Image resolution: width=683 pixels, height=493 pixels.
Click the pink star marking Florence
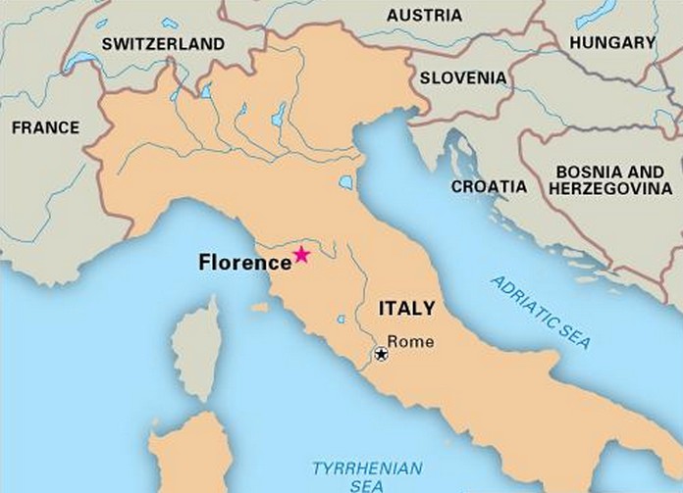coord(301,255)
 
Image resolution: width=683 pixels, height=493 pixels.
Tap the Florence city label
coord(244,263)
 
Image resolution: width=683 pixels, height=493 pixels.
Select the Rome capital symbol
coord(381,354)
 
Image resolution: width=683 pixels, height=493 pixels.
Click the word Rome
coord(410,341)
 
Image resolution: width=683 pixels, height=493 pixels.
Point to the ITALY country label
coord(406,309)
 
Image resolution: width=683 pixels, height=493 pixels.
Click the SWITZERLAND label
coord(163,44)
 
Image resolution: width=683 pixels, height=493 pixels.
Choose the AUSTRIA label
coord(424,16)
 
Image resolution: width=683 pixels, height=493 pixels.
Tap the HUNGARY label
coord(611,42)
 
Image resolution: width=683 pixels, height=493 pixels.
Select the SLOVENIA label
coord(463,77)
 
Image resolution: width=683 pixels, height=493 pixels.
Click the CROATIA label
coord(489,186)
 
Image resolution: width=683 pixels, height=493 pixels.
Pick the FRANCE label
coord(45,127)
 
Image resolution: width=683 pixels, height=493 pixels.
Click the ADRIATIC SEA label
coord(542,312)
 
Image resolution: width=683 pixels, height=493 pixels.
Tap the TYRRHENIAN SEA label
coord(367,476)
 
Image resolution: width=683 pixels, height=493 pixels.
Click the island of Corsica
coord(196,348)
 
